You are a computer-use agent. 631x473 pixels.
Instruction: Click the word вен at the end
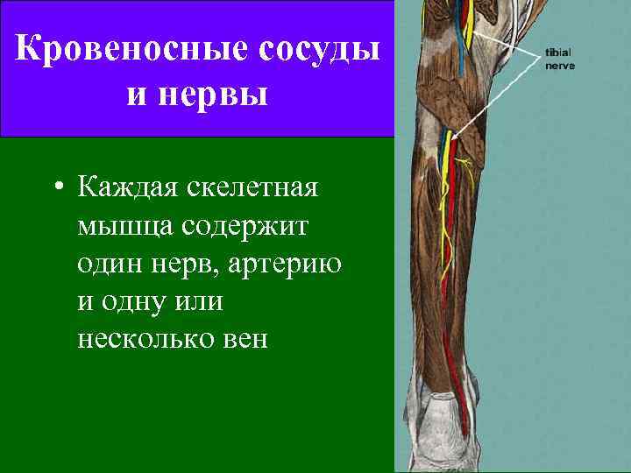[x=245, y=338]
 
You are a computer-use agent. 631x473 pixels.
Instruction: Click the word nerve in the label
[x=560, y=66]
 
